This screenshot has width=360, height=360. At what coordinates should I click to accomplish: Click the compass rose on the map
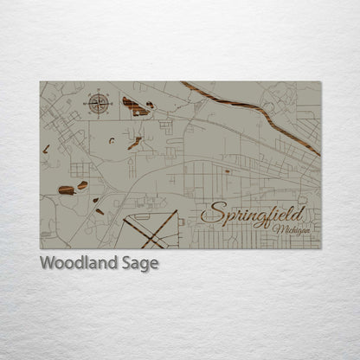(98, 105)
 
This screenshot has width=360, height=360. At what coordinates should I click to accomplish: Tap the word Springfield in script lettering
(252, 215)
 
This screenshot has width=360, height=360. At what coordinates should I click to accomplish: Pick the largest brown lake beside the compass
(135, 107)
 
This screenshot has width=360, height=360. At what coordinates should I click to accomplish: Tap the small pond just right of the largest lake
(151, 105)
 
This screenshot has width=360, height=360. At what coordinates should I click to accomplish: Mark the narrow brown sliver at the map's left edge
(46, 150)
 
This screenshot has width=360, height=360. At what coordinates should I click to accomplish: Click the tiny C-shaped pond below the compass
(111, 139)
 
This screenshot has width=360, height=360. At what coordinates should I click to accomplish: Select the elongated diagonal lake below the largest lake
(134, 143)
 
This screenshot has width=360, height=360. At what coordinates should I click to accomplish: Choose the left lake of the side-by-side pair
(66, 190)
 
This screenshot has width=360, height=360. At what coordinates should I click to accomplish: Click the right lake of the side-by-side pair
(82, 185)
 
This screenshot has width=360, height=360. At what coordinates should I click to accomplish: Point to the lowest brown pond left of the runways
(100, 211)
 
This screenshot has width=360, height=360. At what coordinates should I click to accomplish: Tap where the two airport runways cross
(157, 228)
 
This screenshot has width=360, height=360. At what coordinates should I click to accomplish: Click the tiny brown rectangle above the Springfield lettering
(228, 171)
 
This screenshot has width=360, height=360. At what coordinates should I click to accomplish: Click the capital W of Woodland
(46, 264)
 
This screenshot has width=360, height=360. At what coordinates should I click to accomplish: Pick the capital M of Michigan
(276, 229)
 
